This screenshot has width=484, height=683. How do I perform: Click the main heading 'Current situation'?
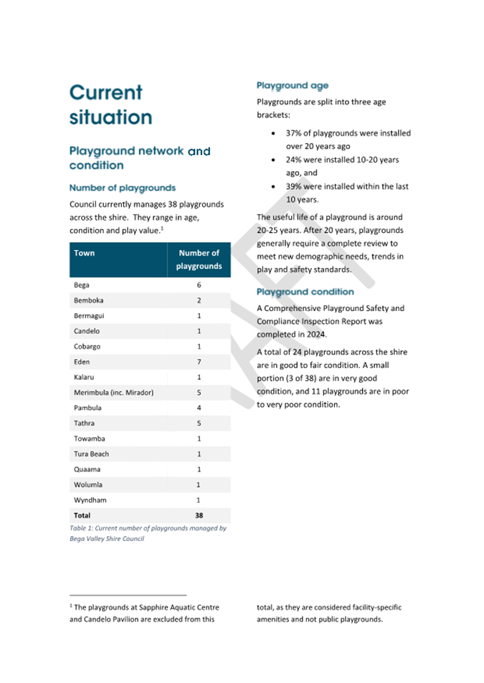(110, 105)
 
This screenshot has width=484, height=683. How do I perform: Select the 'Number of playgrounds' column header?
(199, 259)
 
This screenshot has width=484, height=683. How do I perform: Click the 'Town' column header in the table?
(84, 253)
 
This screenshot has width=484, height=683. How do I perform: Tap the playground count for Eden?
(199, 362)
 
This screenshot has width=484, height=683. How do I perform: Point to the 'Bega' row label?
(82, 285)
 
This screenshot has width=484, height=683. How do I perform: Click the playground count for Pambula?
(199, 408)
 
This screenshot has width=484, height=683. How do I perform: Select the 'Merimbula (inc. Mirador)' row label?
(113, 393)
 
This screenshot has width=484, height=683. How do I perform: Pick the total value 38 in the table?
(199, 515)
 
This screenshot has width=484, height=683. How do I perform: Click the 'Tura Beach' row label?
(91, 454)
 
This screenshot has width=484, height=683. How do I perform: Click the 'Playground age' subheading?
(293, 86)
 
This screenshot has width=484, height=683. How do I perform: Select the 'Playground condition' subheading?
(305, 292)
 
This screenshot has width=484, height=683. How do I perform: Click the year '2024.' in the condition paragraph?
(315, 335)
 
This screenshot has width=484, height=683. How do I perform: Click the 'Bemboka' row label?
(88, 300)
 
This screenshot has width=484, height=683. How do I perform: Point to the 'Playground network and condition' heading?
(140, 158)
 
